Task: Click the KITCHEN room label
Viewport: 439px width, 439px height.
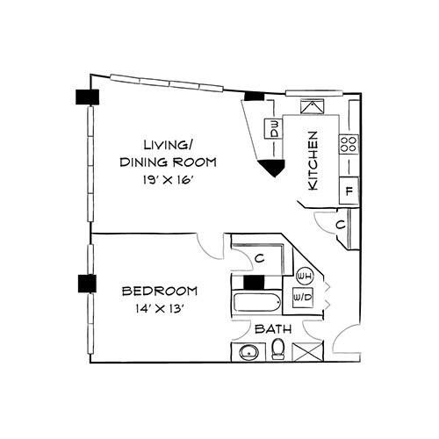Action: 313,161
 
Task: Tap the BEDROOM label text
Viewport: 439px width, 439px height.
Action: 160,291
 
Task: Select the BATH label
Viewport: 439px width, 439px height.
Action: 273,329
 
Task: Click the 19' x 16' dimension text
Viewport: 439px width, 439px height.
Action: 169,180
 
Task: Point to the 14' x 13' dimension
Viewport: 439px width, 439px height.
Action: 160,308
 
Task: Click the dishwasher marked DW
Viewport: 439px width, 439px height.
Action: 273,129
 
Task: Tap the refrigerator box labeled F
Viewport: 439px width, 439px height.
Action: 349,191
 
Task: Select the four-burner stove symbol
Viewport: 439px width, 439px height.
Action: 349,144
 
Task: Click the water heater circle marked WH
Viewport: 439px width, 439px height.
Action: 305,276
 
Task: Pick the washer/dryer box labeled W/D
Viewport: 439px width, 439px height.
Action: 303,298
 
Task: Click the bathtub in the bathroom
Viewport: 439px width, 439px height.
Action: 257,302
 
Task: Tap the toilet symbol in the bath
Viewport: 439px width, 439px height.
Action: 277,349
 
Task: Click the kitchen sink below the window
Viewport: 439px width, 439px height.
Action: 313,106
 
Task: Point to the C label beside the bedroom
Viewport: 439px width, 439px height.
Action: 260,258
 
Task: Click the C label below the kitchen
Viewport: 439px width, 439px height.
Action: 341,225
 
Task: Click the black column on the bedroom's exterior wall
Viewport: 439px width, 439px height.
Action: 87,284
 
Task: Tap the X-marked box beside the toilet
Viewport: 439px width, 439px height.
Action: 307,351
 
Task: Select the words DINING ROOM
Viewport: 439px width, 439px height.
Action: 169,162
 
